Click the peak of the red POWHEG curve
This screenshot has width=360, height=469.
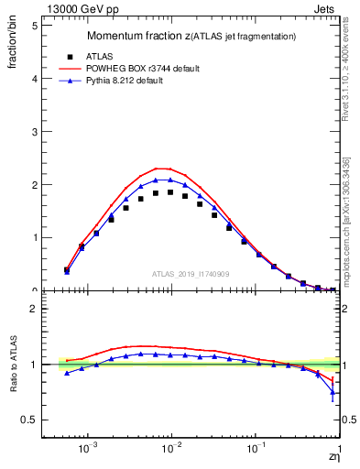[161, 169]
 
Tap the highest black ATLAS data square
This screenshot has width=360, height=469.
[170, 192]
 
